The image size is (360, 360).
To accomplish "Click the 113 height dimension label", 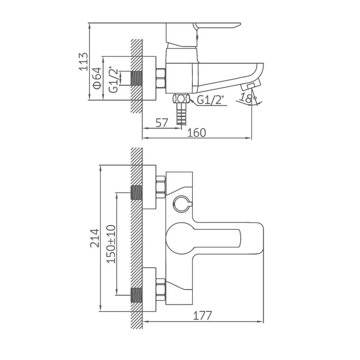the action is click(x=83, y=62).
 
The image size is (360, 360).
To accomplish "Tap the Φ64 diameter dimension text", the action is click(x=97, y=78).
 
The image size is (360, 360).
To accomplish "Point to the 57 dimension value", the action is click(x=162, y=123).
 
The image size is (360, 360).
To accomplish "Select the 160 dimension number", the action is click(x=197, y=133).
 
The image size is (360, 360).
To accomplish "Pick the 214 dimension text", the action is click(x=95, y=238).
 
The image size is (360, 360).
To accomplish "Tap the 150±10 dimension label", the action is click(x=111, y=244).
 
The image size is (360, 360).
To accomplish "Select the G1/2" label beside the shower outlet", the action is click(x=210, y=100).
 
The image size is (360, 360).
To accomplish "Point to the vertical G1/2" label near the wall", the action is click(x=114, y=79).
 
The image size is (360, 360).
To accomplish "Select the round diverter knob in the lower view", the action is click(x=182, y=203).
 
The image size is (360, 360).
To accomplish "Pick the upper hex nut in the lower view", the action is click(x=160, y=187).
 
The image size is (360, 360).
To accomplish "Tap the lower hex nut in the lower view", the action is click(x=160, y=290).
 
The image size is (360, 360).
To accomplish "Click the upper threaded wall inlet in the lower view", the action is click(x=136, y=192).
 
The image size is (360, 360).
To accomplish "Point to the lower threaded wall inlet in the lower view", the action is click(x=136, y=295).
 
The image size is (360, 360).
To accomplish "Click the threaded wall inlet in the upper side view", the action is click(x=136, y=78).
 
